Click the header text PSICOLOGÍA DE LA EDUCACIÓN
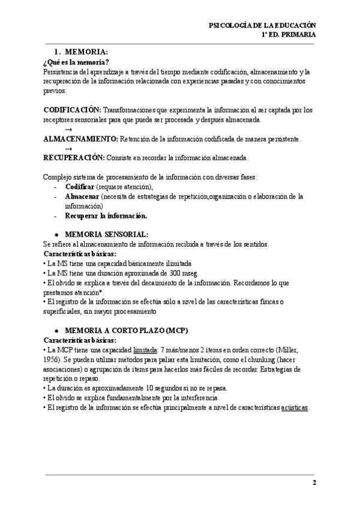pyautogui.click(x=262, y=25)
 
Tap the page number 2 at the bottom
pyautogui.click(x=314, y=483)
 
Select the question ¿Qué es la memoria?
pyautogui.click(x=76, y=62)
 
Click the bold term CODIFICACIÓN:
pyautogui.click(x=72, y=110)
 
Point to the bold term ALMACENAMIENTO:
pyautogui.click(x=81, y=139)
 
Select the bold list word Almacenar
pyautogui.click(x=82, y=196)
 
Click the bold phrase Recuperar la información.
pyautogui.click(x=106, y=215)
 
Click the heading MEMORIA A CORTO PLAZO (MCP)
pyautogui.click(x=125, y=330)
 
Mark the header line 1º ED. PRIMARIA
pyautogui.click(x=289, y=35)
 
